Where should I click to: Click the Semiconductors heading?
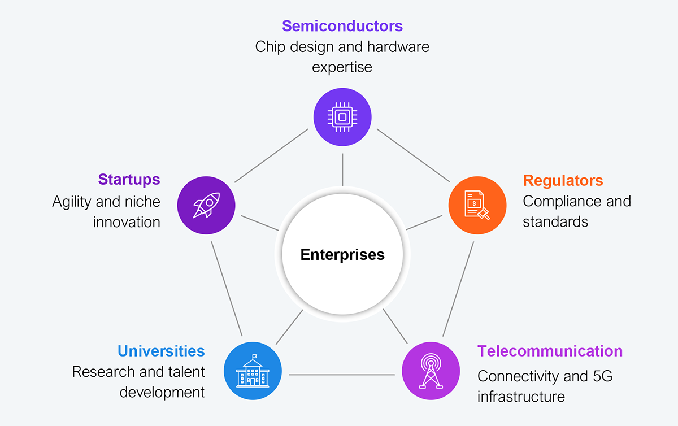tap(342, 26)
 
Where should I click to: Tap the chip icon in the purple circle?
tap(342, 117)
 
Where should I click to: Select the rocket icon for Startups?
tap(206, 203)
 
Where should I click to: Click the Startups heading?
tap(129, 180)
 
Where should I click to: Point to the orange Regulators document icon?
tap(477, 203)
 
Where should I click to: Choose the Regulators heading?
tap(563, 181)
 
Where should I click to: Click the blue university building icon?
tap(253, 371)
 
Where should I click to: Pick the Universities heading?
tap(161, 351)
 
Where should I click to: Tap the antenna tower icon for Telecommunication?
tap(430, 371)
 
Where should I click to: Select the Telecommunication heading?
tap(550, 351)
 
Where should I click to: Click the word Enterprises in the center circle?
tap(342, 255)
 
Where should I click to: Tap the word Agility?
tap(72, 202)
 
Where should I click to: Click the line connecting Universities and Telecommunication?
tap(341, 375)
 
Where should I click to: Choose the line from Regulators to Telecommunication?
tap(458, 289)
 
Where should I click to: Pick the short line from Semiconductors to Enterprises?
tap(342, 169)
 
